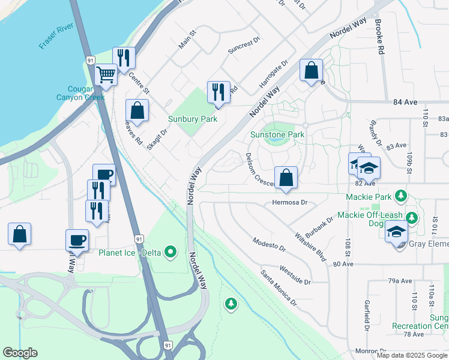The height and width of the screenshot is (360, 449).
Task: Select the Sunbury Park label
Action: tap(192, 119)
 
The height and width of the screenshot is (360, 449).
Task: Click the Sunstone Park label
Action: tap(277, 134)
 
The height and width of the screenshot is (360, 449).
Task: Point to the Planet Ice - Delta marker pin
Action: tap(170, 252)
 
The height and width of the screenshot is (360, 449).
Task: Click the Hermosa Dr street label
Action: tap(289, 203)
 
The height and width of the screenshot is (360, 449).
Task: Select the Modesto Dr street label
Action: tap(269, 245)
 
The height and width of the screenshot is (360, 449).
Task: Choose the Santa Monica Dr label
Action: tap(279, 287)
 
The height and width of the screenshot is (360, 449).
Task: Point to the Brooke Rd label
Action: tap(379, 37)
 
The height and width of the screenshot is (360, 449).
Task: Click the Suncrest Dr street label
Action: tap(244, 47)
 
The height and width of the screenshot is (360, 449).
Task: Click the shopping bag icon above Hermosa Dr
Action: tap(286, 178)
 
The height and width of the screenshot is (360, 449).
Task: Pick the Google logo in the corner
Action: tap(20, 353)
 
